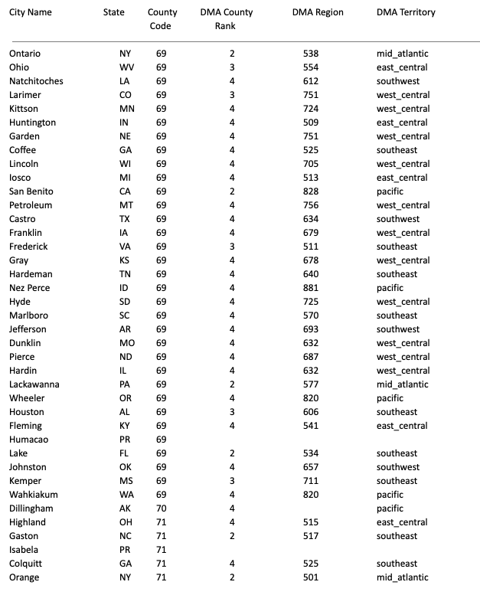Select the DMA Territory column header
pyautogui.click(x=406, y=13)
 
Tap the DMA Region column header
pyautogui.click(x=318, y=13)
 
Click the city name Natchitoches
pyautogui.click(x=36, y=81)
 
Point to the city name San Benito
pyautogui.click(x=31, y=191)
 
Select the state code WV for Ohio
pyautogui.click(x=126, y=67)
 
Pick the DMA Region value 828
pyautogui.click(x=310, y=191)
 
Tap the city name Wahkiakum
pyautogui.click(x=34, y=495)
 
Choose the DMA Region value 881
pyautogui.click(x=310, y=288)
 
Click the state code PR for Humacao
pyautogui.click(x=126, y=440)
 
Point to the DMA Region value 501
pyautogui.click(x=310, y=577)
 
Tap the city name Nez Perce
pyautogui.click(x=31, y=288)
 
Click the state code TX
pyautogui.click(x=126, y=219)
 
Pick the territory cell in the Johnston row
pyautogui.click(x=398, y=467)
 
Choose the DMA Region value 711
pyautogui.click(x=310, y=481)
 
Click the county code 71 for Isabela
pyautogui.click(x=161, y=550)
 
